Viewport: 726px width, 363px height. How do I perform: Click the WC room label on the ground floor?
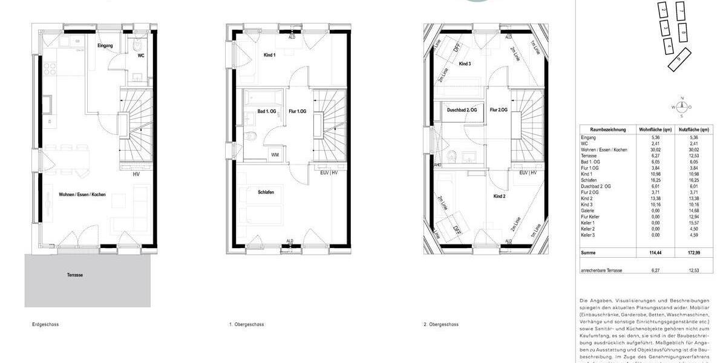(140, 55)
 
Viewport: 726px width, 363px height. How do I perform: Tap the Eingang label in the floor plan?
(105, 46)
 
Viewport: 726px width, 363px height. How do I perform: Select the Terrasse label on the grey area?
(75, 275)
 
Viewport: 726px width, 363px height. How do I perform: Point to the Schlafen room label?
(265, 192)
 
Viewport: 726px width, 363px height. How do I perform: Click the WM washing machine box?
(275, 155)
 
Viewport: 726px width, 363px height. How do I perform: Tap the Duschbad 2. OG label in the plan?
(462, 110)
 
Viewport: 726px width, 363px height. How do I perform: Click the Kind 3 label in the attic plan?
(465, 64)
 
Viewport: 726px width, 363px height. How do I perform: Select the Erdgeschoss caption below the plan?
(45, 325)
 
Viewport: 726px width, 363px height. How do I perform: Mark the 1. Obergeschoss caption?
(247, 325)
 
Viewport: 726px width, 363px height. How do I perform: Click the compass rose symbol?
(682, 107)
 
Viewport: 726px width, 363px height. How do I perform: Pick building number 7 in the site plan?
(681, 11)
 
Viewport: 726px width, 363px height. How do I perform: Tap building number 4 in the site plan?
(669, 44)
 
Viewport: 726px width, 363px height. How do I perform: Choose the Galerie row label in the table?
(589, 211)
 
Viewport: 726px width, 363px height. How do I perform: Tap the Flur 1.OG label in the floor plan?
(298, 111)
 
